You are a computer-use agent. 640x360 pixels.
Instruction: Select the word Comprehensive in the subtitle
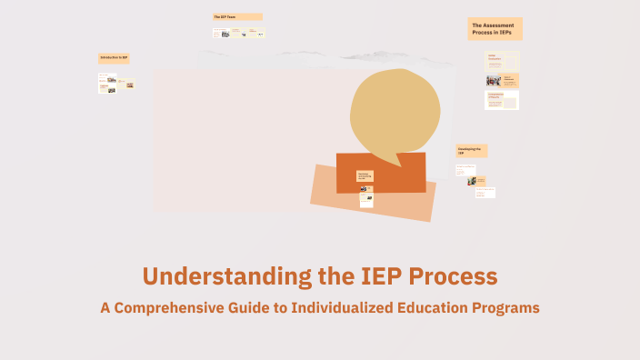click(182, 307)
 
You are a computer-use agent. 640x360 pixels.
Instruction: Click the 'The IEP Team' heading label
click(237, 16)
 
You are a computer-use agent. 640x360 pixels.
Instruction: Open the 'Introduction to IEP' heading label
click(114, 58)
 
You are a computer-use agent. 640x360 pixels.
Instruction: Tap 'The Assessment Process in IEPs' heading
click(495, 29)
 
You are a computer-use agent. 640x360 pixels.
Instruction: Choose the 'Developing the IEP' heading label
click(471, 150)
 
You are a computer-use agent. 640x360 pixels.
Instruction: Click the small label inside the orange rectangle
click(365, 175)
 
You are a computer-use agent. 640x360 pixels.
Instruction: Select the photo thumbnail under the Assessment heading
click(494, 80)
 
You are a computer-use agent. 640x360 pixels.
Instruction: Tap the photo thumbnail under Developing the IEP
click(473, 181)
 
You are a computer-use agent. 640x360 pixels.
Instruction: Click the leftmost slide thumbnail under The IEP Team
click(221, 34)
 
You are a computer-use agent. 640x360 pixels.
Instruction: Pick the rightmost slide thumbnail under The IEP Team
click(259, 34)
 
